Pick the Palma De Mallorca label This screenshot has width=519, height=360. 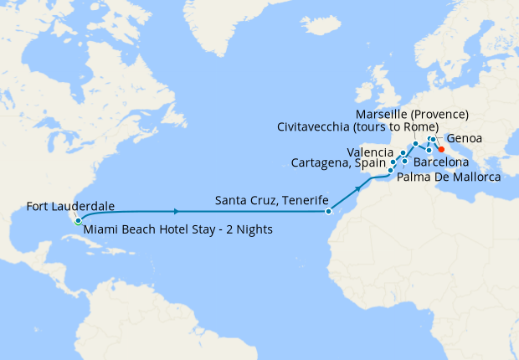[x=448, y=177]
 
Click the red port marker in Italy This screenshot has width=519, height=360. [x=441, y=149]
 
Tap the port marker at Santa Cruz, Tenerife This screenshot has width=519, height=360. [x=329, y=212]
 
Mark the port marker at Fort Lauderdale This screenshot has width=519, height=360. [x=77, y=222]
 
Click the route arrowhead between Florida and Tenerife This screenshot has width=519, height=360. [x=176, y=212]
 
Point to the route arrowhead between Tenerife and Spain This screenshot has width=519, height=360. [x=360, y=188]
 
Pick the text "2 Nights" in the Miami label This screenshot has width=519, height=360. [x=248, y=229]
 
